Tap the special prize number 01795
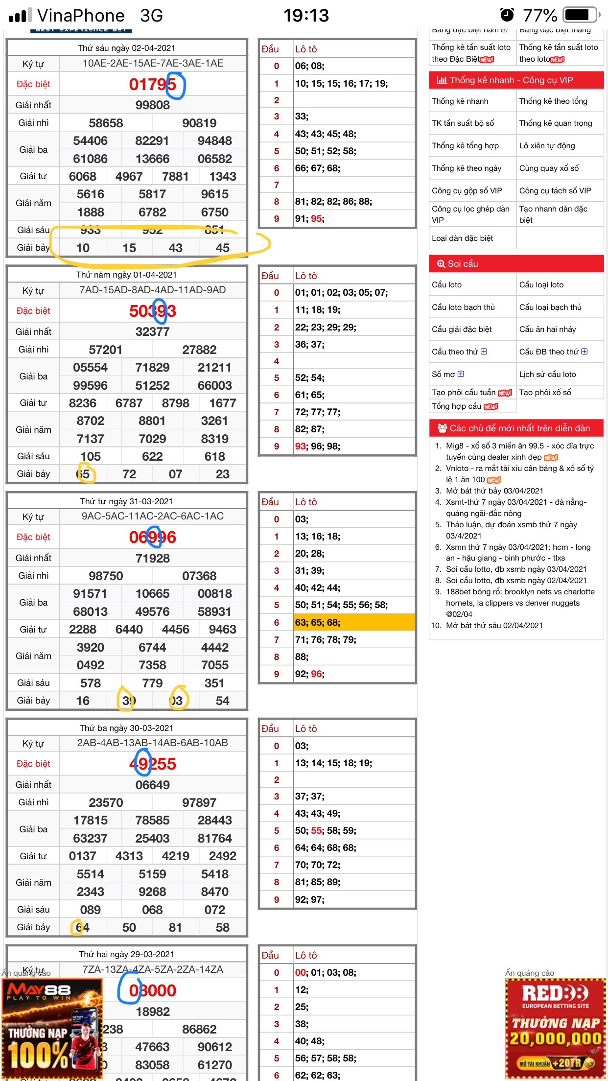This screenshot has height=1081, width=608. pos(152,84)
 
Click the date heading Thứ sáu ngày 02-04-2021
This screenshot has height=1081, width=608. pos(126,48)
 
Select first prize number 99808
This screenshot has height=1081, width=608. pos(152,105)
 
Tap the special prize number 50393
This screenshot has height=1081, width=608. pos(152,311)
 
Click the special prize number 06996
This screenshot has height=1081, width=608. pos(152,537)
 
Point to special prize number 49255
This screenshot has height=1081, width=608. pos(152,764)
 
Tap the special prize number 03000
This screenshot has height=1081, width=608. pos(152,990)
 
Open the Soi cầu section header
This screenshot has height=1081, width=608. pos(516,263)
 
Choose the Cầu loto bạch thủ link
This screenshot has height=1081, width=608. pos(463,307)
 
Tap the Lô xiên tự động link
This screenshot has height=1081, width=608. pos(547,146)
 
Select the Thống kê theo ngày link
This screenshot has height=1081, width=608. pos(466,168)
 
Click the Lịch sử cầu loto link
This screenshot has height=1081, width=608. pos(547,374)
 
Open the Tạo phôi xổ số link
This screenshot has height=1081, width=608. pos(545,392)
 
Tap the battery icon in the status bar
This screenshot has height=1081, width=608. pos(581,15)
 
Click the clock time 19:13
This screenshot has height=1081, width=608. pos(306,15)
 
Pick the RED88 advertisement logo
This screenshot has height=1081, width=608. pos(555,994)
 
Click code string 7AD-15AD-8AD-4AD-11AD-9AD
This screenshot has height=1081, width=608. pos(152,290)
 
